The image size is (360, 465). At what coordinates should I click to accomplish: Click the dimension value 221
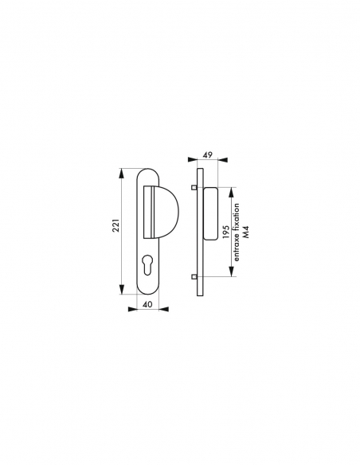(x=116, y=225)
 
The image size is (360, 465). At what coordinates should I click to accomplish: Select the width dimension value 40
(x=147, y=305)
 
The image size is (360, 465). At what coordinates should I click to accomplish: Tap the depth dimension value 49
(x=208, y=154)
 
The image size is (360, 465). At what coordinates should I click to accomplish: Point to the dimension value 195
(x=226, y=232)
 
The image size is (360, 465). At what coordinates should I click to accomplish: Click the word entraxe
(x=237, y=251)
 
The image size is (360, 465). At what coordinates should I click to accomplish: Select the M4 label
(x=246, y=232)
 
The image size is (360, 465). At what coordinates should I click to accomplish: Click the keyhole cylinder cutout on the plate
(x=147, y=264)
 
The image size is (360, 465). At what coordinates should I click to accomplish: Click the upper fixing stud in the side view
(x=194, y=187)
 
